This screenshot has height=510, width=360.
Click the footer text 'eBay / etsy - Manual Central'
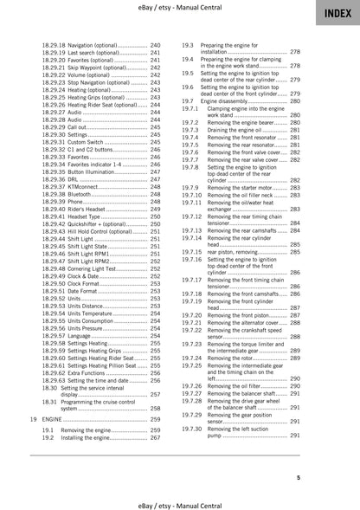click(180, 501)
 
